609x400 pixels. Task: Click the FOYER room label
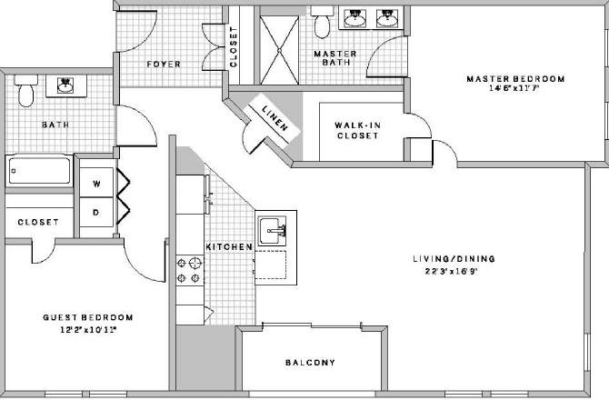164,65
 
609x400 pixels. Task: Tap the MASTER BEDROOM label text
515,79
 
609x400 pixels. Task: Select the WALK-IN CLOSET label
356,130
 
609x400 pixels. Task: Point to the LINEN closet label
275,120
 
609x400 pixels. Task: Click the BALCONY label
309,363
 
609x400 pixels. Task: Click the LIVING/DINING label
450,258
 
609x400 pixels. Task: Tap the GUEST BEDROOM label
88,317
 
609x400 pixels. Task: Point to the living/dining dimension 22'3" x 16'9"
450,270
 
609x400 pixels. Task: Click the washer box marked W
96,183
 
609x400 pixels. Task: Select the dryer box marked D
96,215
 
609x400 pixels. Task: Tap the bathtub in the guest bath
38,170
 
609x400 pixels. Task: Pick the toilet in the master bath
323,20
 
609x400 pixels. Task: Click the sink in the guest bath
65,86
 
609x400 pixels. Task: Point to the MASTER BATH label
334,59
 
